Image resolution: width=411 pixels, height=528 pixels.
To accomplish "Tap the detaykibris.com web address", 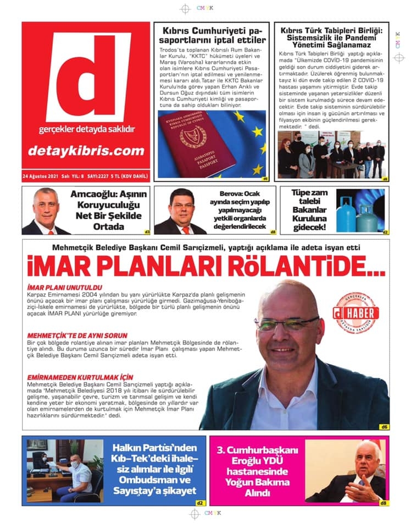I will click(86, 150).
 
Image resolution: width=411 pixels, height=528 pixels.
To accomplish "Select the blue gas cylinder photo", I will click(360, 211).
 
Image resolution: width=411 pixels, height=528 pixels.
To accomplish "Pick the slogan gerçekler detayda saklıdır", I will click(86, 129).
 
